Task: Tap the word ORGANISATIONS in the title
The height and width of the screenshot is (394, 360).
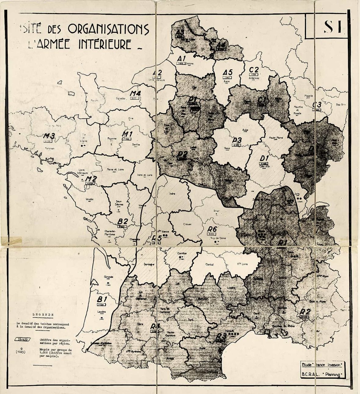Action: pos(108,29)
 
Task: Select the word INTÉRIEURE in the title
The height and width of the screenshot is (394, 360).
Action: pos(105,44)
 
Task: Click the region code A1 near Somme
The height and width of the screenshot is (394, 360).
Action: pos(181,59)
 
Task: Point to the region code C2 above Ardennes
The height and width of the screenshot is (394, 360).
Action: pos(254,70)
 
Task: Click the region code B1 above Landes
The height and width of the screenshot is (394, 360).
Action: pos(101,299)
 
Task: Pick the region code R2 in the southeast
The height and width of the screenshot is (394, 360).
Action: pos(305,312)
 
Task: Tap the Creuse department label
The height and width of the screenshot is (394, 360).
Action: pos(187,224)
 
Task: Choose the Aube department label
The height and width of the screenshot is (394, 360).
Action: pos(245,130)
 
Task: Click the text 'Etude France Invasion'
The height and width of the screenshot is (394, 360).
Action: pos(321,364)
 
